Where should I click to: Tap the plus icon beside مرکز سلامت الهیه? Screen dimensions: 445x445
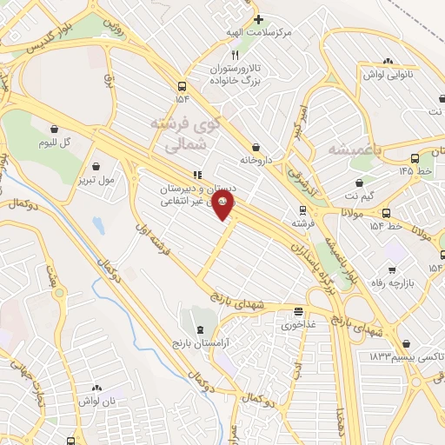pyautogui.click(x=258, y=19)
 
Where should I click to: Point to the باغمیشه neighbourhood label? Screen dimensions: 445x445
pyautogui.click(x=355, y=149)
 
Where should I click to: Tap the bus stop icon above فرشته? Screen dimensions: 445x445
pyautogui.click(x=302, y=209)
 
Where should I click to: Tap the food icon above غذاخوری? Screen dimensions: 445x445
pyautogui.click(x=298, y=312)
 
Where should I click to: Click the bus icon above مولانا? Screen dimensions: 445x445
pyautogui.click(x=385, y=213)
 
